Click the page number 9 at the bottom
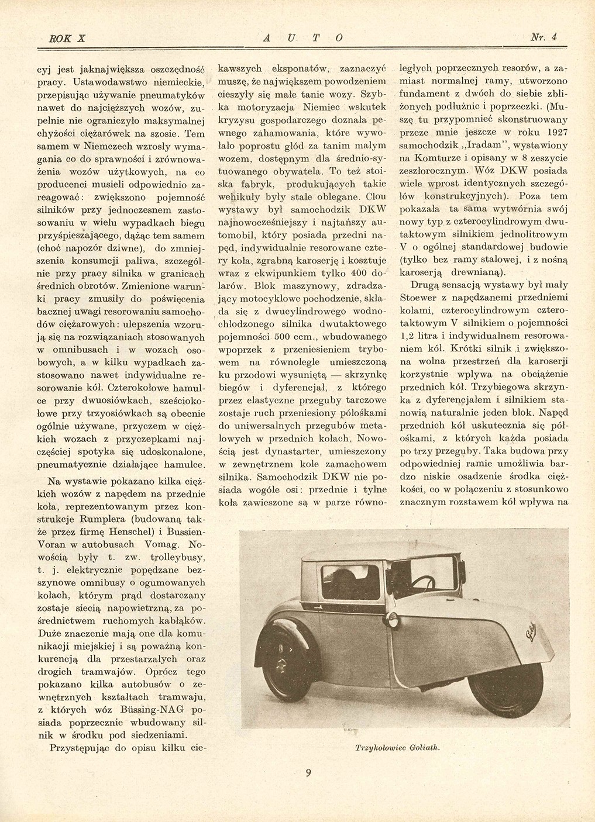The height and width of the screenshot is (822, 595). point(308,772)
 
